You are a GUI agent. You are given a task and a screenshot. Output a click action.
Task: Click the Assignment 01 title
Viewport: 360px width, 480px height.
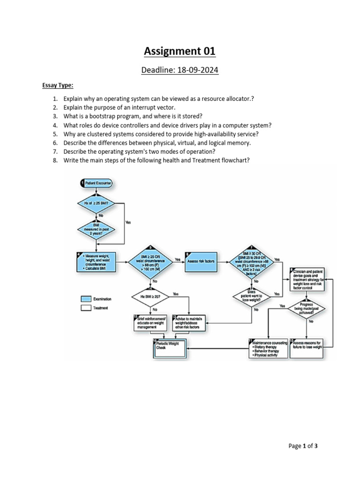180,51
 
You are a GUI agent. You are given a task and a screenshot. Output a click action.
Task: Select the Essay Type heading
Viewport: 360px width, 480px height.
58,85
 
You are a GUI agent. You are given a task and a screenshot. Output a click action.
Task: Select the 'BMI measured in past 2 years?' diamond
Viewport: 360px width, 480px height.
96,230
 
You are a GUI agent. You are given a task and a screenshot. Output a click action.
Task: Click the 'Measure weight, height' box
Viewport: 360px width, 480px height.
96,262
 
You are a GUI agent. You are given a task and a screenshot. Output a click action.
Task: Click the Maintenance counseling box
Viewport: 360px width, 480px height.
268,348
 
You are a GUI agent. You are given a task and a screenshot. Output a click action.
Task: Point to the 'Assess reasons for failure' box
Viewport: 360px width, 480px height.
307,348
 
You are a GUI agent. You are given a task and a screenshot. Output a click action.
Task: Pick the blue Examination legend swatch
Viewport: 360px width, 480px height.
86,299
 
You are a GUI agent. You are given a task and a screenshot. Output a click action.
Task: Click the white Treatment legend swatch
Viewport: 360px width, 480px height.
86,308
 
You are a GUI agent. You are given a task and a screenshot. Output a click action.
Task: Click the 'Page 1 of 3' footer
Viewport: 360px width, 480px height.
303,446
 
